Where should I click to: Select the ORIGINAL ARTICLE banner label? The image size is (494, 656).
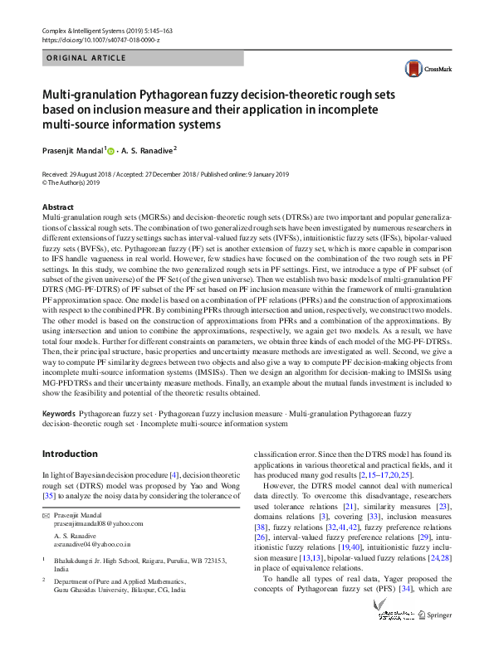(x=86, y=58)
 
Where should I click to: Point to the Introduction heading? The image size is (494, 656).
(x=70, y=454)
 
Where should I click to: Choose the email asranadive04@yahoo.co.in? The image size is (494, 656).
(x=92, y=546)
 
